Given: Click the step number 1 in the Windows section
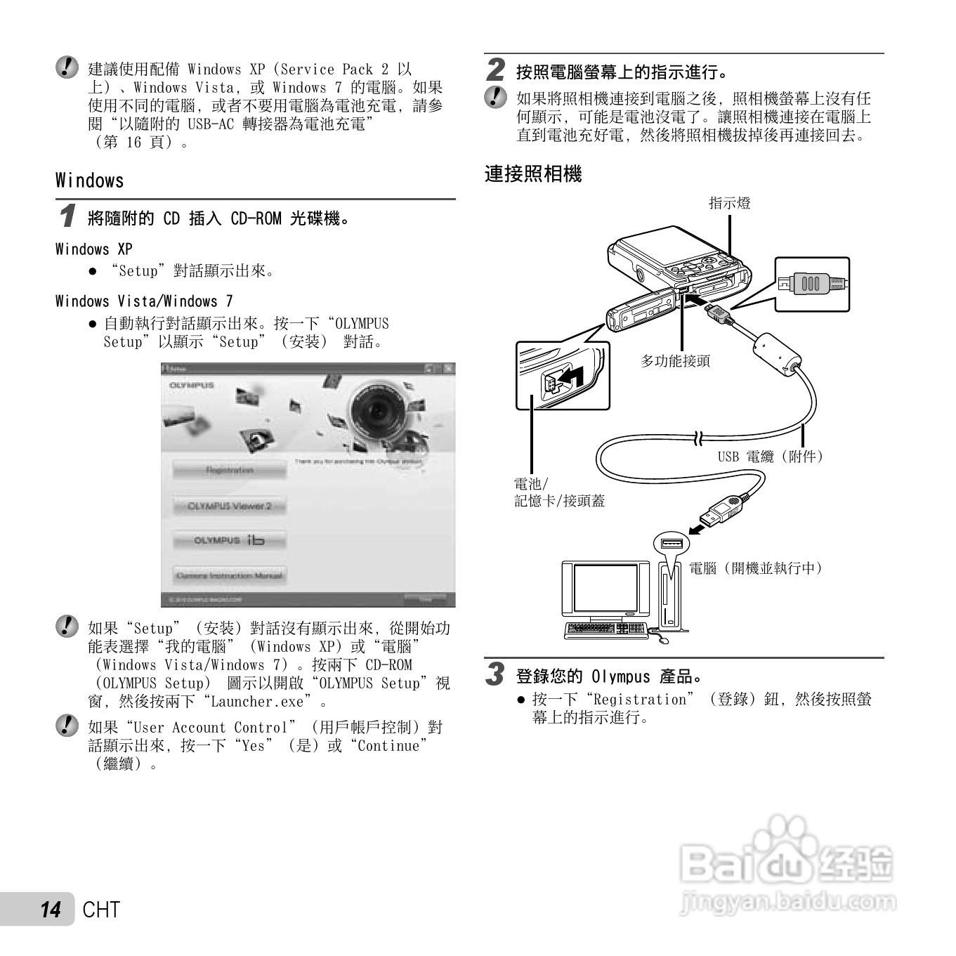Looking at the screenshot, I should pyautogui.click(x=67, y=216).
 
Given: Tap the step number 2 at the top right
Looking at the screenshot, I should pyautogui.click(x=496, y=70).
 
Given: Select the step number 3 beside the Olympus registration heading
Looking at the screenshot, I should pyautogui.click(x=496, y=674).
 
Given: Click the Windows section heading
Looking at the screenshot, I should pyautogui.click(x=89, y=181).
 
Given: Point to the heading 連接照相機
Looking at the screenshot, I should pyautogui.click(x=533, y=174).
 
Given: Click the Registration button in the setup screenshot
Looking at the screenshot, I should pyautogui.click(x=229, y=470).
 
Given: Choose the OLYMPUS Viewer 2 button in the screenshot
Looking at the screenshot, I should pyautogui.click(x=229, y=506).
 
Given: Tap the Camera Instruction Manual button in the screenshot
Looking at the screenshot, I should pyautogui.click(x=229, y=575).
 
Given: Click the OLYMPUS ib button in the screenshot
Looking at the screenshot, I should pyautogui.click(x=229, y=540).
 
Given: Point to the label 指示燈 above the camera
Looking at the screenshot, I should pyautogui.click(x=729, y=204).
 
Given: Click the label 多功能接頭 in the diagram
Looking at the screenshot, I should pyautogui.click(x=675, y=361).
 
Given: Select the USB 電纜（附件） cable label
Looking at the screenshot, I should pyautogui.click(x=771, y=457).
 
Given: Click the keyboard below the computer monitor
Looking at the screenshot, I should pyautogui.click(x=606, y=629).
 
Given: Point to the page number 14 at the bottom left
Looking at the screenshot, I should pyautogui.click(x=50, y=910).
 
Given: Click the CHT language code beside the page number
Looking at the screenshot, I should pyautogui.click(x=101, y=910).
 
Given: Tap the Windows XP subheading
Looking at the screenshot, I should pyautogui.click(x=93, y=249).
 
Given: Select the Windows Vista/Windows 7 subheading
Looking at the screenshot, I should pyautogui.click(x=144, y=301).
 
